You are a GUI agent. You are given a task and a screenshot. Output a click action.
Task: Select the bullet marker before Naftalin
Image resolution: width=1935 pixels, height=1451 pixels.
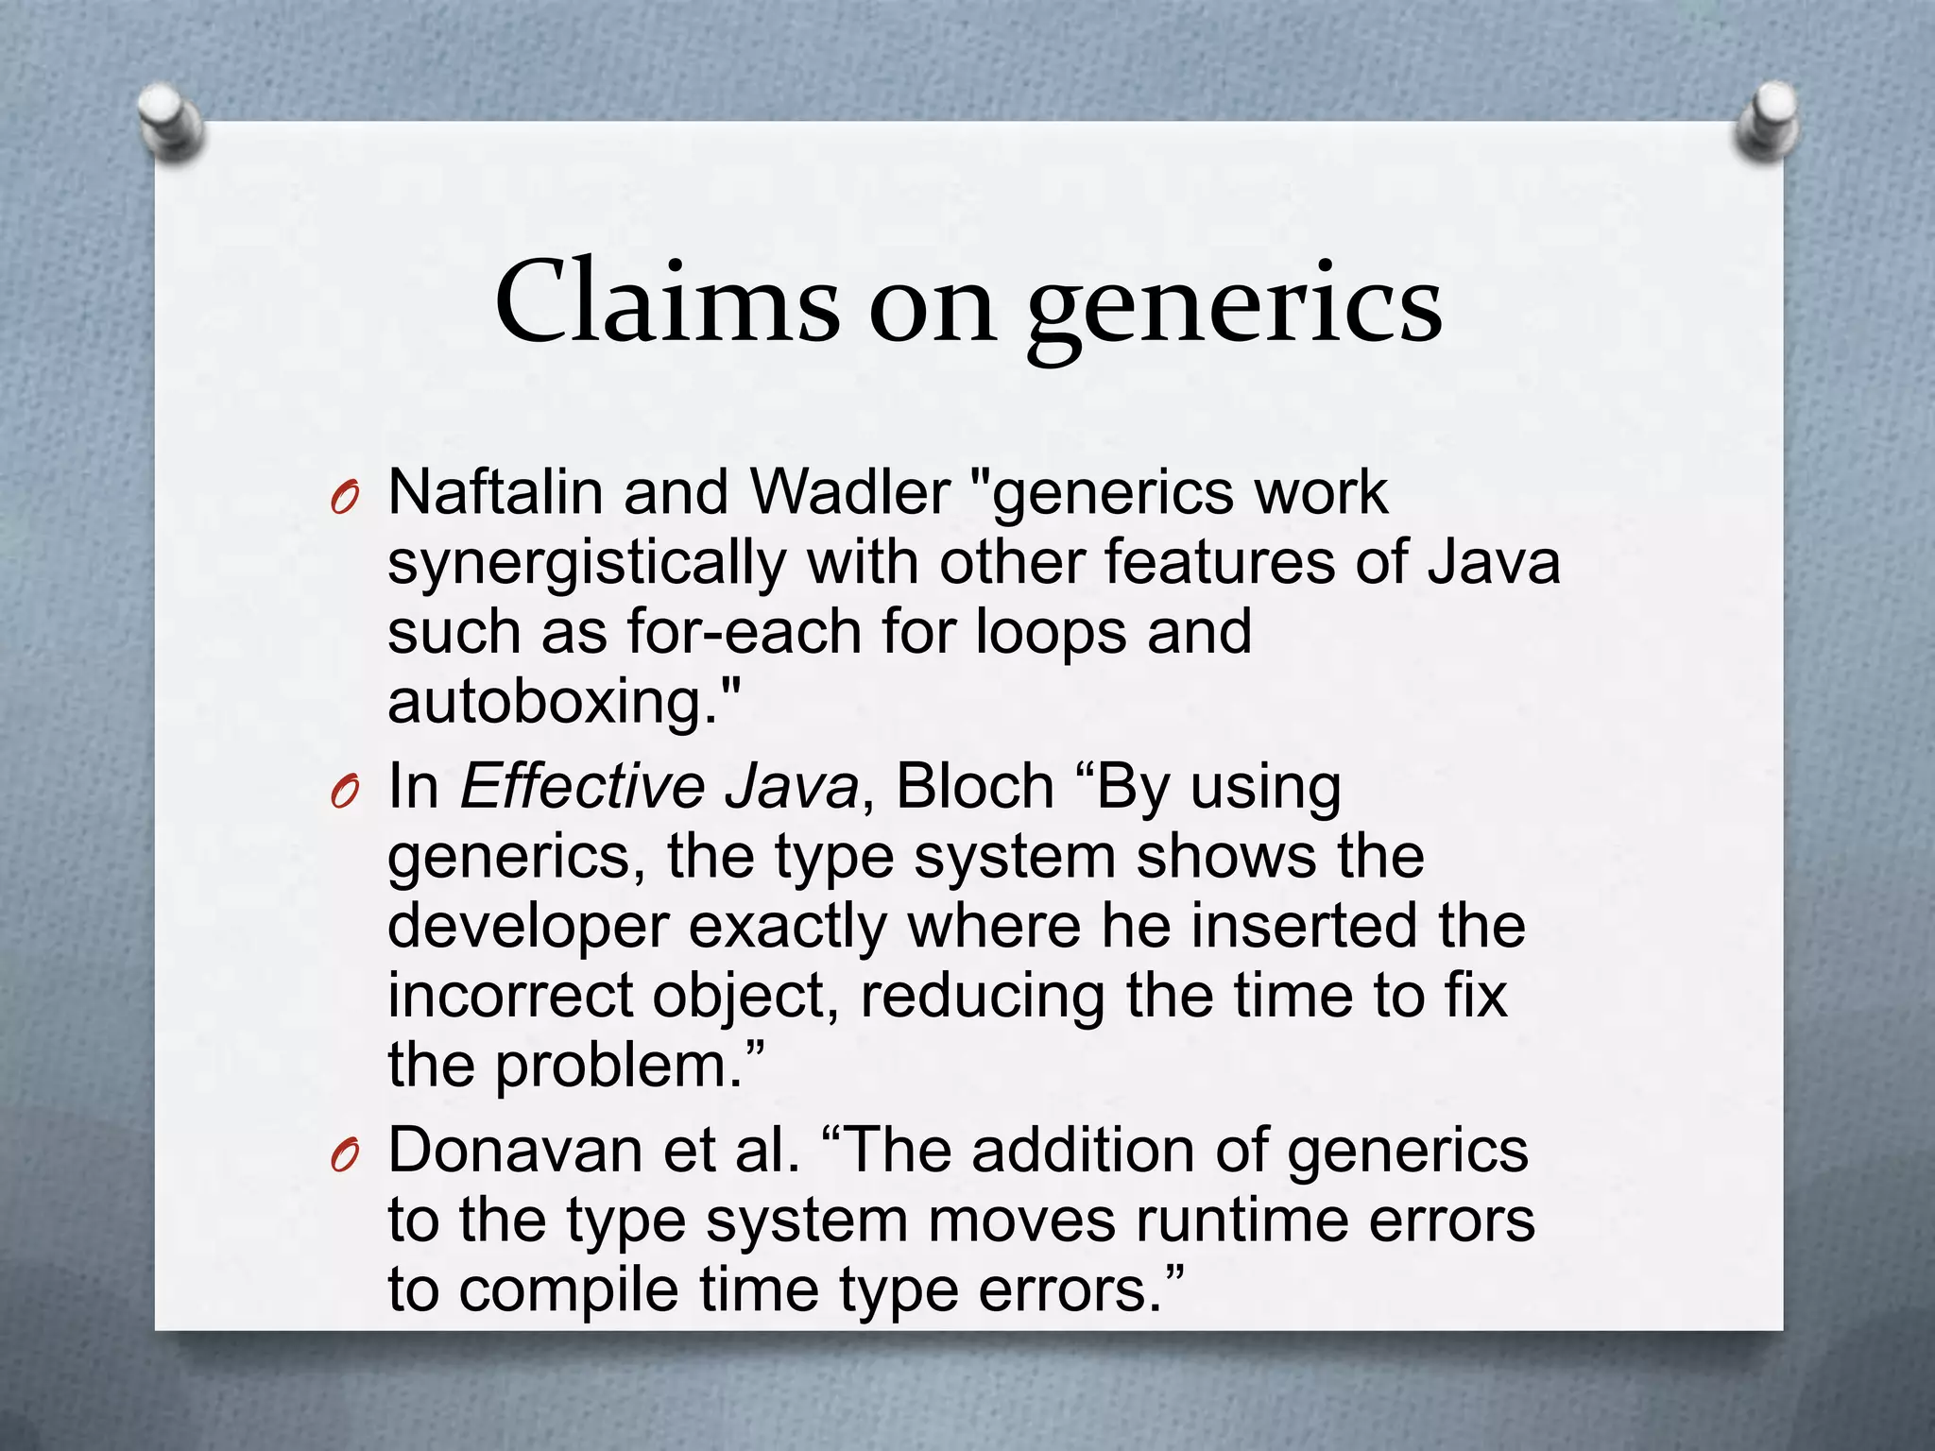(346, 498)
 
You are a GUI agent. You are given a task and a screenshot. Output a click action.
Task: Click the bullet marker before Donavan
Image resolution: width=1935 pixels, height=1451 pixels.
(346, 1156)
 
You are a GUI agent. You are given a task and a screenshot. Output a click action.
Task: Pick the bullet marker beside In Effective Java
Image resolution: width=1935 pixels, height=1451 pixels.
(346, 792)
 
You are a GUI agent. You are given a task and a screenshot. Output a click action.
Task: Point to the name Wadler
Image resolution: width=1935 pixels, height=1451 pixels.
(849, 493)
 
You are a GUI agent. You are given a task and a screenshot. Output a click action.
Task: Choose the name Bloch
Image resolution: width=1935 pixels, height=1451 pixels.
(974, 786)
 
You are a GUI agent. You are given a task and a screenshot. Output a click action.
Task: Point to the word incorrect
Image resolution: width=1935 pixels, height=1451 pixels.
(510, 996)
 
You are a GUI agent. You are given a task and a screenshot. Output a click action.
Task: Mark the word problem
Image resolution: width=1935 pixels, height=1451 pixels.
(620, 1067)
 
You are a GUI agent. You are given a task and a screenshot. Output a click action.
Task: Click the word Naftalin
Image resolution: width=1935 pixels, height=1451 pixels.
(495, 493)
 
